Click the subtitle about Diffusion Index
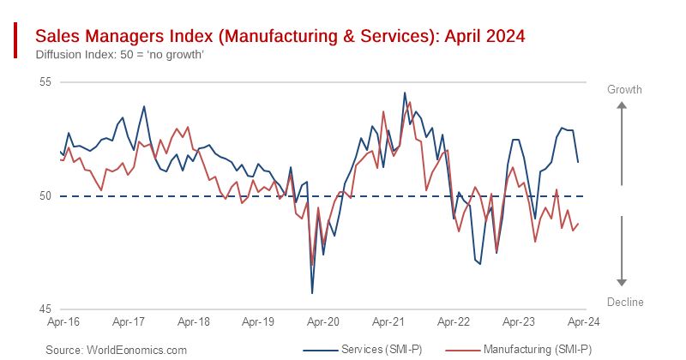[x=119, y=55]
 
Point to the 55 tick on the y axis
[x=45, y=82]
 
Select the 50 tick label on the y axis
[x=45, y=196]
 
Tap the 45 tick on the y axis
[x=45, y=309]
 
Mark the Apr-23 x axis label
[x=518, y=322]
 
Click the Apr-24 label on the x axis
[x=582, y=322]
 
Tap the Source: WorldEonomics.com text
[x=116, y=350]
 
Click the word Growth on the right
[x=624, y=89]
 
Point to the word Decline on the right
[x=624, y=302]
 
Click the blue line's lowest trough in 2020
[x=312, y=293]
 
